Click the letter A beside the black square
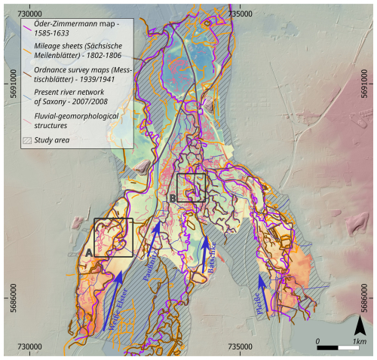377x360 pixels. coord(89,253)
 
